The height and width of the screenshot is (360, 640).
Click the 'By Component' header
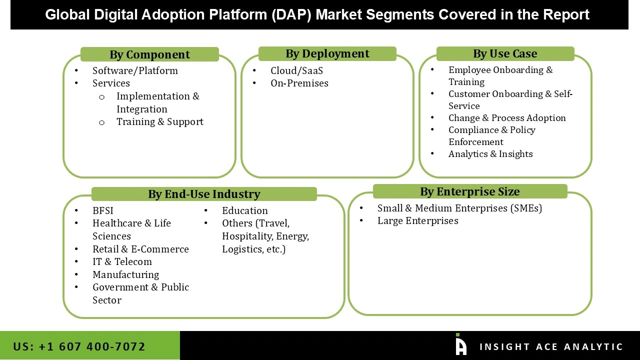(x=149, y=54)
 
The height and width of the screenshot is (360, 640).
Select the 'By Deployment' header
(x=327, y=53)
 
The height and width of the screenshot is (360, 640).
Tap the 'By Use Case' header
(x=505, y=53)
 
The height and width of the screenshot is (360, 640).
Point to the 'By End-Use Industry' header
(x=204, y=194)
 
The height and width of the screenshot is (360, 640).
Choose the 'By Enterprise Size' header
(x=470, y=191)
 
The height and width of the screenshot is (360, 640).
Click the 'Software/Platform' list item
(x=135, y=70)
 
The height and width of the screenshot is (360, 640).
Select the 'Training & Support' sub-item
(x=160, y=121)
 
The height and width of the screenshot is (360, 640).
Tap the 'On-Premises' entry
(x=299, y=83)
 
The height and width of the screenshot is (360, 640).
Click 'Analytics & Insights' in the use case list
(x=490, y=154)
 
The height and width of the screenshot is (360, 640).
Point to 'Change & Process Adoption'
(x=507, y=118)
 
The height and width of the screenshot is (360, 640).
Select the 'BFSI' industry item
(x=103, y=210)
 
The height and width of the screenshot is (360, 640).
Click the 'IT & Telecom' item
(x=122, y=261)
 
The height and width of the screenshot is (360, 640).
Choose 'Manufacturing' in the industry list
(x=125, y=274)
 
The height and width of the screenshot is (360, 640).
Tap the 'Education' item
(x=245, y=210)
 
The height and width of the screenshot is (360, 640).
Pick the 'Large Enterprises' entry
(x=417, y=220)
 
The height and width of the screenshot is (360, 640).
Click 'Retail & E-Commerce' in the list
(x=140, y=249)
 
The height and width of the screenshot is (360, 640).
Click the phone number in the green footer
(x=79, y=346)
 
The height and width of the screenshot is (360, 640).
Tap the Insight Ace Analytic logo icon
(x=460, y=345)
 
